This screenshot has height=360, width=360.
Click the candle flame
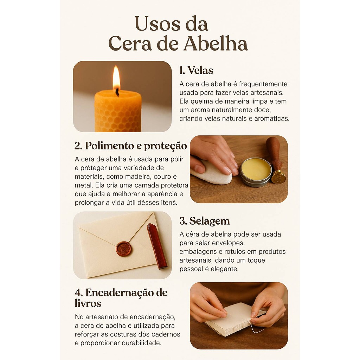116,77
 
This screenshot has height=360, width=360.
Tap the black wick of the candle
117,92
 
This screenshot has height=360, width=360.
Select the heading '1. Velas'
196,70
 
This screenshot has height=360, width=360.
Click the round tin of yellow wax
256,172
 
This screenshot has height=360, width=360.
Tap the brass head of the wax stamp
278,177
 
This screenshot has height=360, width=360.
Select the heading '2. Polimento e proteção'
131,146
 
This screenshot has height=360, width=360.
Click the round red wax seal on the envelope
123,249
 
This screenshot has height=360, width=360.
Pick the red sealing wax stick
157,246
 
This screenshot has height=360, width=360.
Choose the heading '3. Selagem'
205,221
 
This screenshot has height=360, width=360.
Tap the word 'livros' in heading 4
88,303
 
